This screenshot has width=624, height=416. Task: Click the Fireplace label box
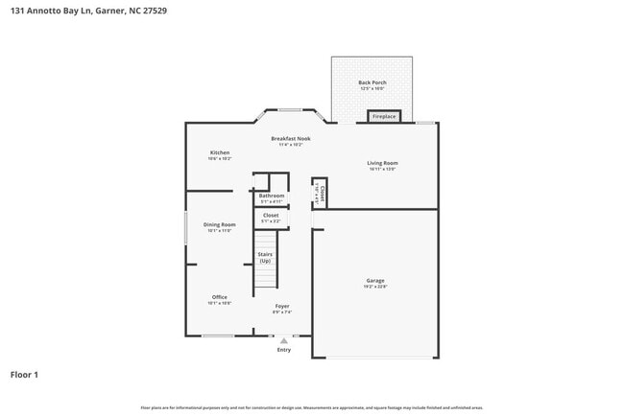[x=384, y=117]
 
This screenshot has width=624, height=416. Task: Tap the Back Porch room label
[x=372, y=83]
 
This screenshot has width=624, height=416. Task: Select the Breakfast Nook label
[x=290, y=139]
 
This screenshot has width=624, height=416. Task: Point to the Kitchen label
[x=220, y=153]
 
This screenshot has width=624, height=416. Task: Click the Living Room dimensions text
[x=382, y=169]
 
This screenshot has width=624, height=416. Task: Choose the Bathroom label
[x=272, y=196]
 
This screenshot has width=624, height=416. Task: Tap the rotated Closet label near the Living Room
[x=322, y=195]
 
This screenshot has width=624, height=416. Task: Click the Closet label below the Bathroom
[x=271, y=216]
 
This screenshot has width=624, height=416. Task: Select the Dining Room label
[x=219, y=225]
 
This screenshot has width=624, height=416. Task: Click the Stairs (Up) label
[x=264, y=258]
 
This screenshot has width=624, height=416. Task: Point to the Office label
[x=220, y=297]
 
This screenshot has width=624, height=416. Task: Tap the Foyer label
[x=281, y=307]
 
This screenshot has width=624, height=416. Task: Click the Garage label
[x=374, y=281]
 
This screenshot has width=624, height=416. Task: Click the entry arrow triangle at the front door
[x=283, y=339]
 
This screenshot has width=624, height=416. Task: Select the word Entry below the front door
[x=283, y=350]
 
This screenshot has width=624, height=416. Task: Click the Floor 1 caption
[x=24, y=375]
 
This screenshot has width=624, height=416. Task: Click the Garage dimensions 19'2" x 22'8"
[x=374, y=287]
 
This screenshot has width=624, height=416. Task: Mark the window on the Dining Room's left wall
[x=186, y=228]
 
